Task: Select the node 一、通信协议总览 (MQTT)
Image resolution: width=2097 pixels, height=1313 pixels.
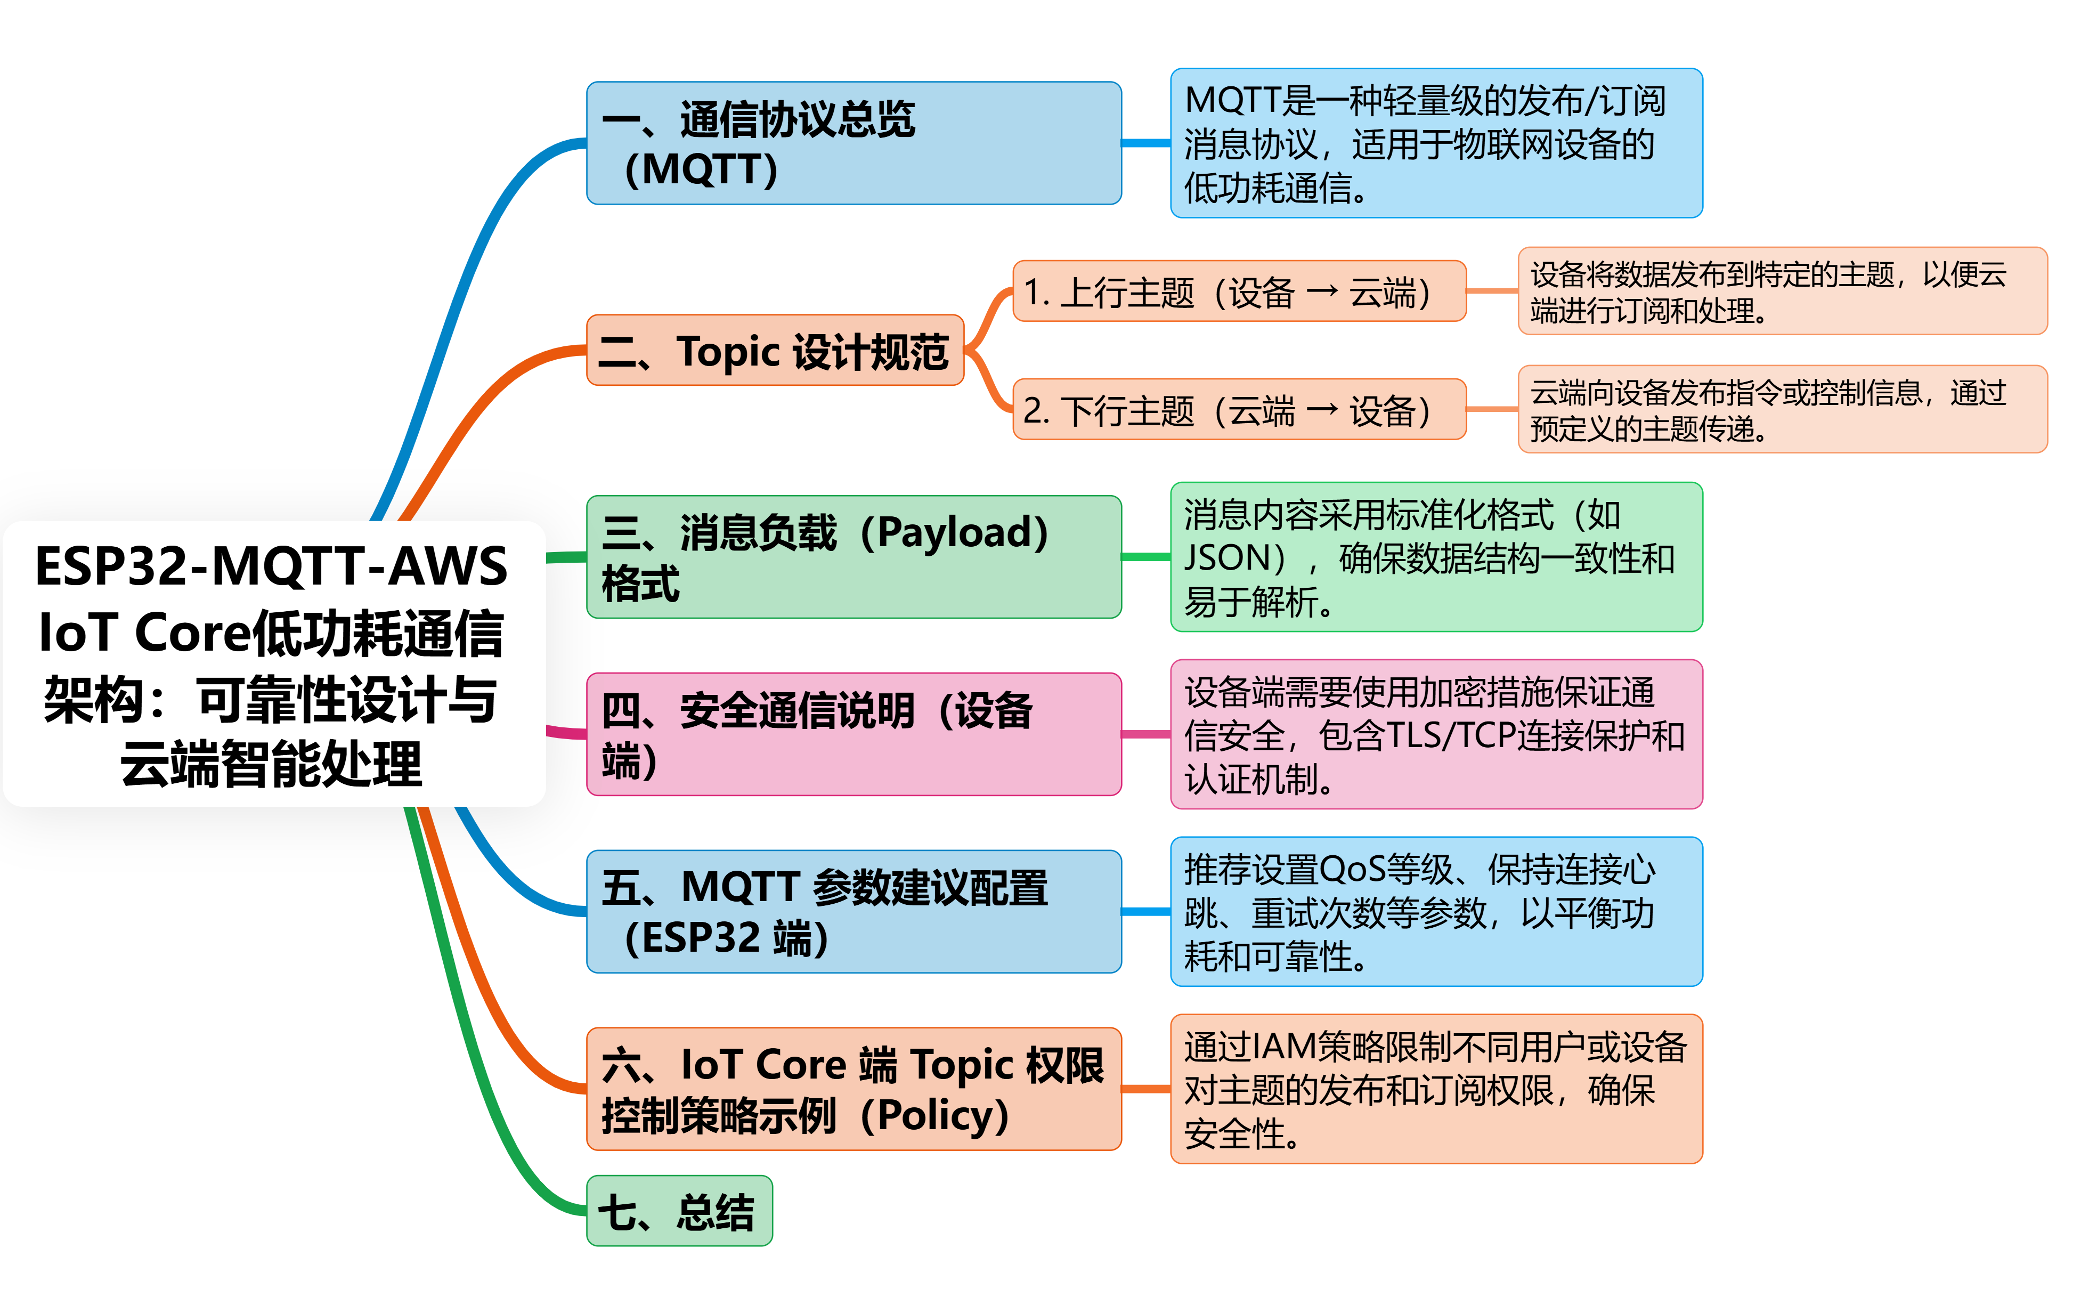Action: [x=853, y=143]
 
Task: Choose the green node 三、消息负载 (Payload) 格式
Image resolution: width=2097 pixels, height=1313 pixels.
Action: [x=853, y=557]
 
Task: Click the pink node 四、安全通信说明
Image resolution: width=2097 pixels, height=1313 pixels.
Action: [x=853, y=735]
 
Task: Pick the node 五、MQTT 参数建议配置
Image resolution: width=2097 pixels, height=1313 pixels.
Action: [x=853, y=912]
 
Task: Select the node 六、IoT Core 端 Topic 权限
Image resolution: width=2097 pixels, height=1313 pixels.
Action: [x=853, y=1089]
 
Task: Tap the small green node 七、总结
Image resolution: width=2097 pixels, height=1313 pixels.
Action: [x=679, y=1211]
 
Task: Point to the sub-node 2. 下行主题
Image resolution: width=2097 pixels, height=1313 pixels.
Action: [x=1239, y=410]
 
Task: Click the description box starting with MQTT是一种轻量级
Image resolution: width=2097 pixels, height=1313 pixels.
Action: [x=1436, y=143]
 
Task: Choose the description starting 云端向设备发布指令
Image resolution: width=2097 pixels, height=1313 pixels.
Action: [x=1781, y=410]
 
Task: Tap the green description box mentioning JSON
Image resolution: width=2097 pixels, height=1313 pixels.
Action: [x=1436, y=557]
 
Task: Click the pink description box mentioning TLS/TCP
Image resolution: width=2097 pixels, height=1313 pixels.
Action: [x=1436, y=735]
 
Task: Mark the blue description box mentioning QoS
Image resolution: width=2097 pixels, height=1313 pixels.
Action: [x=1436, y=912]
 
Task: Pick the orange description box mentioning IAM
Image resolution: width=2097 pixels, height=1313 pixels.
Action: [x=1436, y=1089]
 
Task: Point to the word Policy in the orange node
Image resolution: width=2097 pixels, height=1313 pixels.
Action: [x=942, y=1116]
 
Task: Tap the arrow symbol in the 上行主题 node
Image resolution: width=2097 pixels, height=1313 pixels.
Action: [x=1322, y=291]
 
